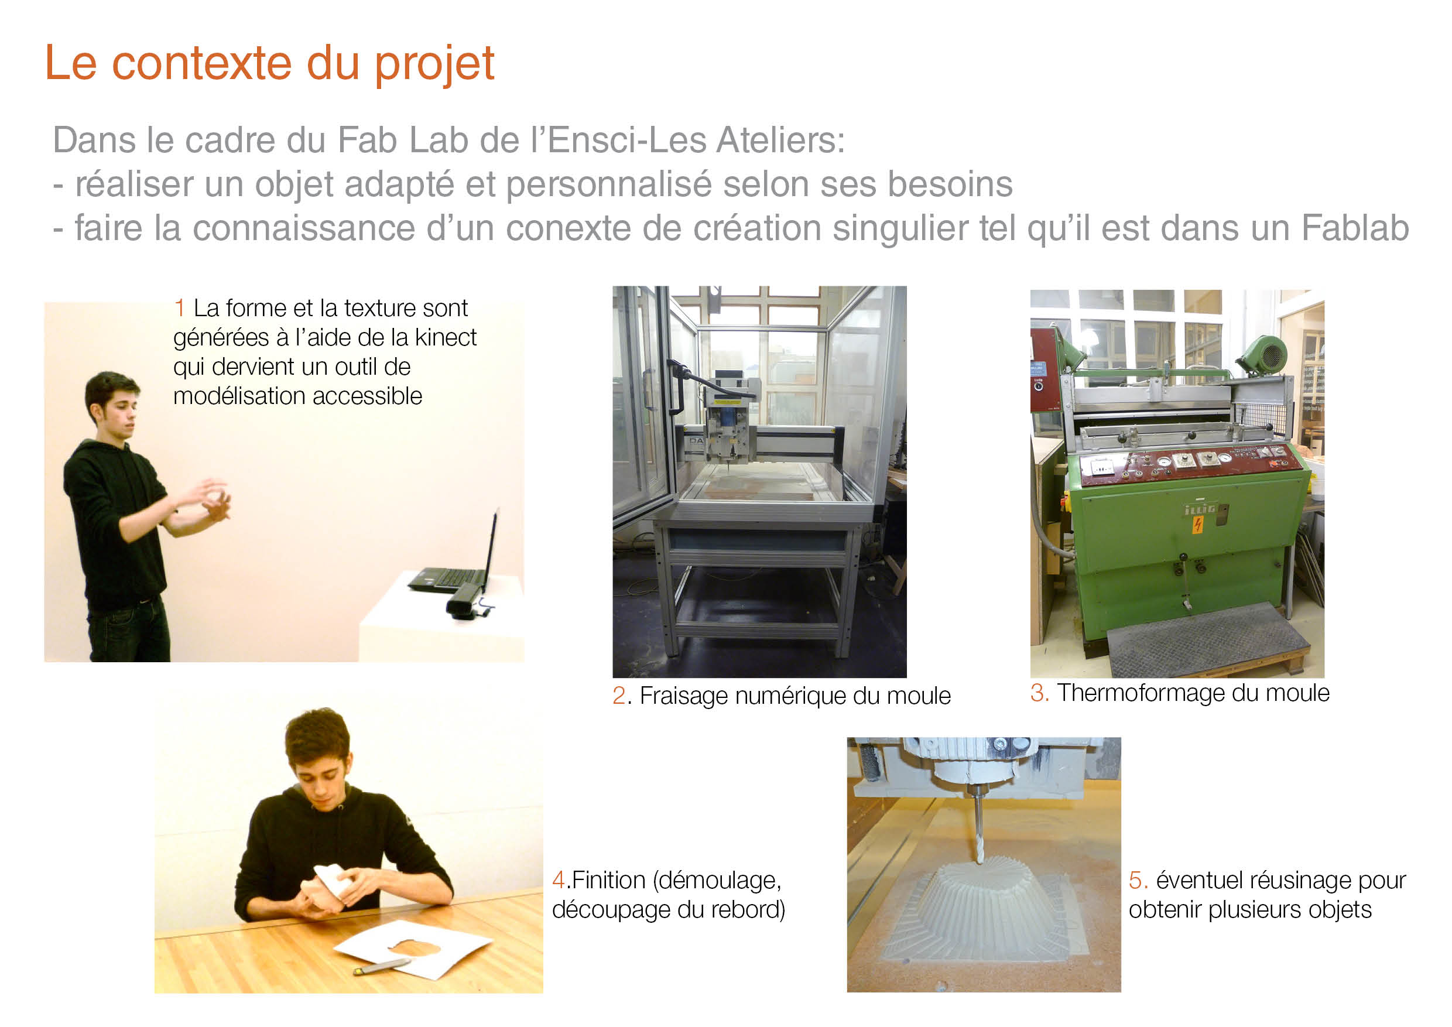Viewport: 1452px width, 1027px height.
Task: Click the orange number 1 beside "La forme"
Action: [180, 308]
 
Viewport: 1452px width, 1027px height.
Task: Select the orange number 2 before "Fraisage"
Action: [619, 696]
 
